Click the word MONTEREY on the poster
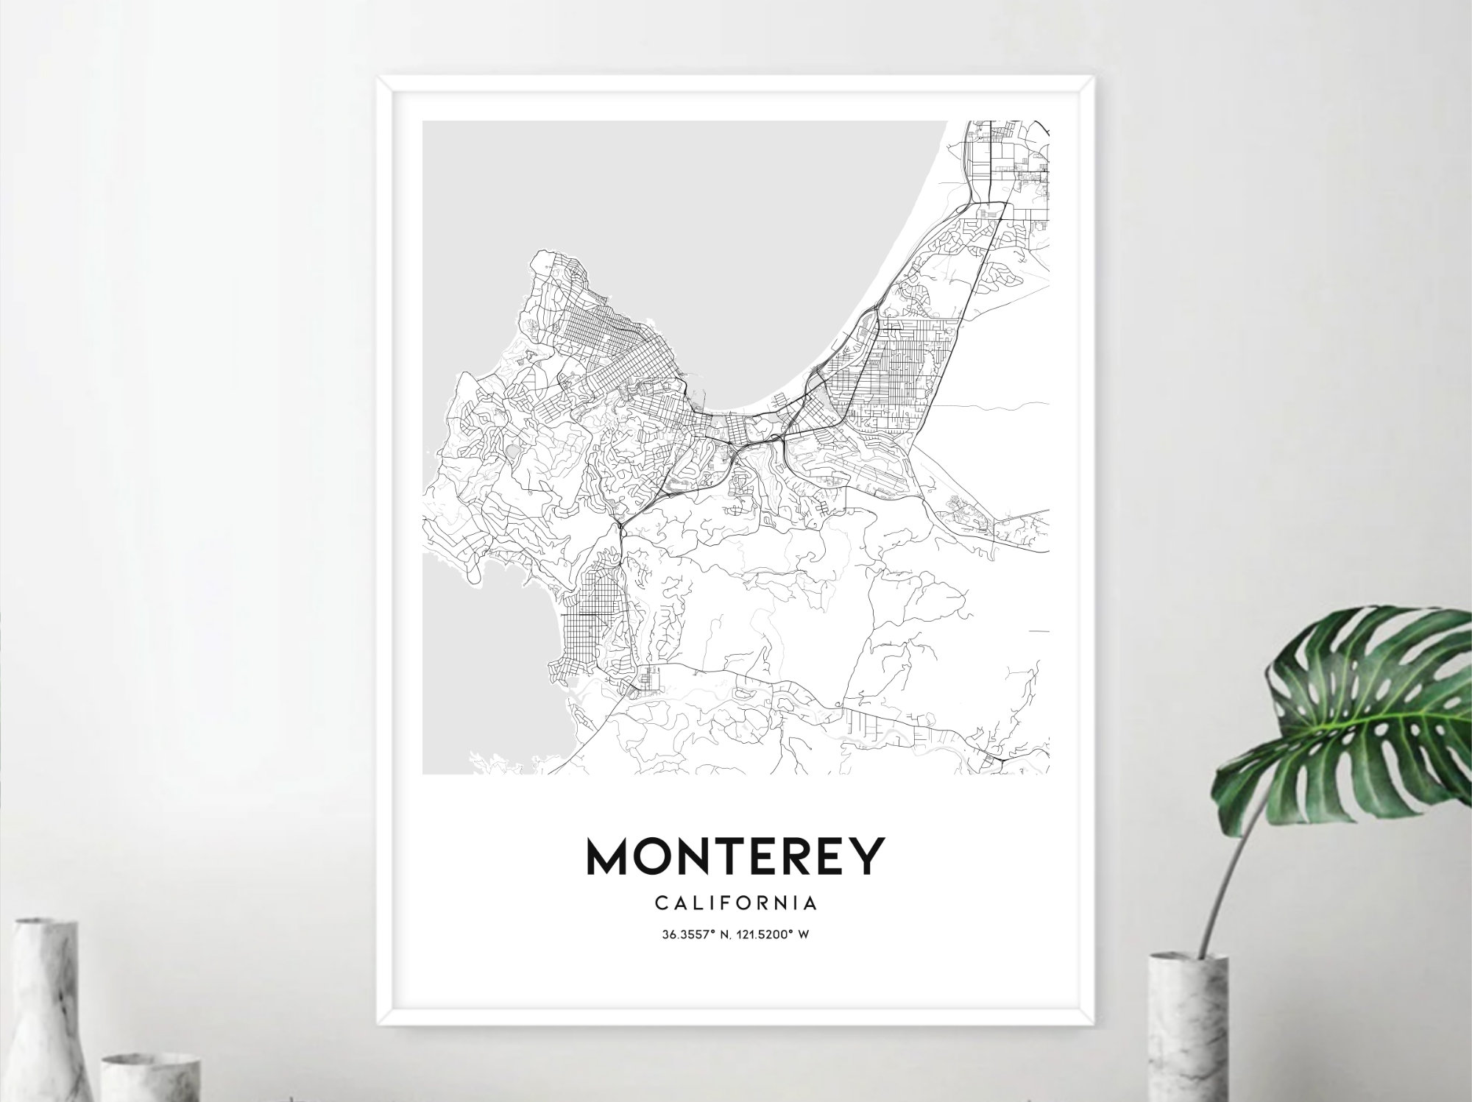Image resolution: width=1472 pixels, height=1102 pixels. [x=735, y=856]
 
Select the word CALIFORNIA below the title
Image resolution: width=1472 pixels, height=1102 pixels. [x=735, y=902]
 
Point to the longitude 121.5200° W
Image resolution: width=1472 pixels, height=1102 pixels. [x=776, y=935]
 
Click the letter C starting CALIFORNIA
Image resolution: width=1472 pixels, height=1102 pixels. [x=660, y=902]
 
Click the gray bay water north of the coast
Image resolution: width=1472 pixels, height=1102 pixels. [x=662, y=221]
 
